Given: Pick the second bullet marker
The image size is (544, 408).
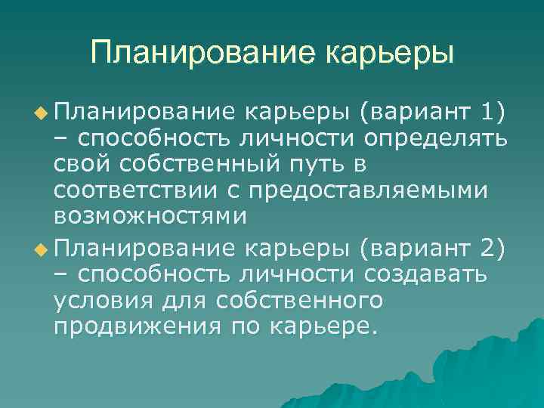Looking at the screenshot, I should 43,247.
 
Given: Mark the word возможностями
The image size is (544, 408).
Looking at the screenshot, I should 150,216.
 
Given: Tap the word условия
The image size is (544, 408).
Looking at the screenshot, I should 105,300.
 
